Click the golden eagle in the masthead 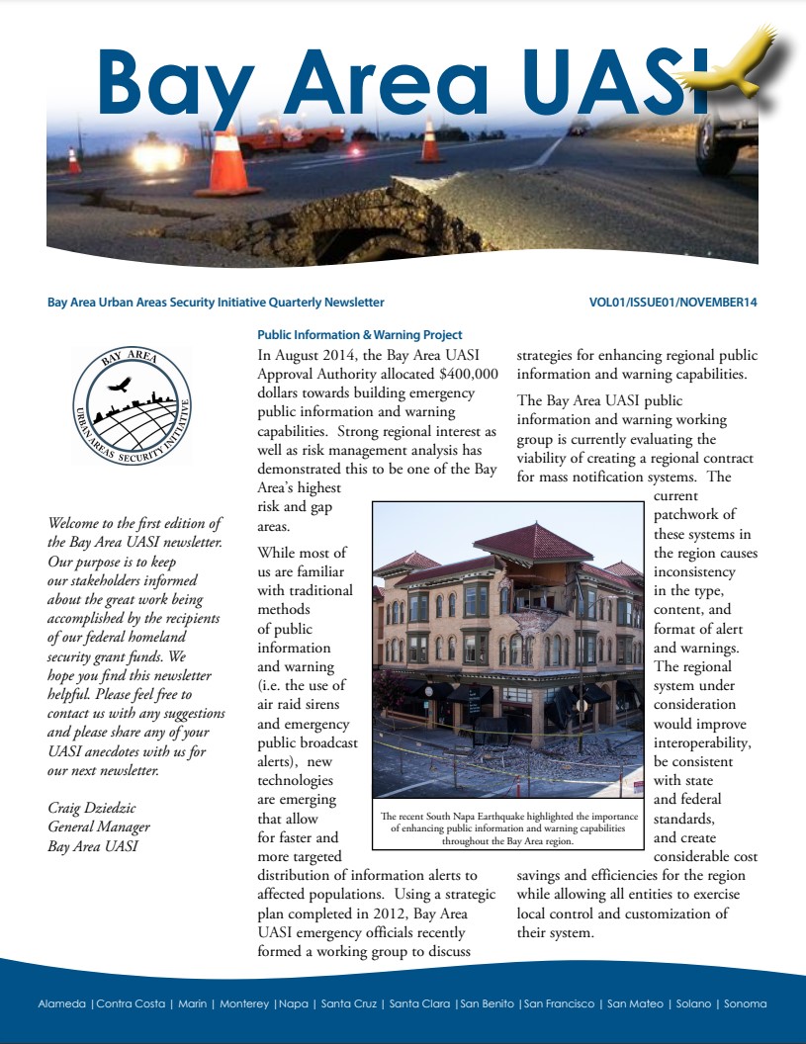tap(744, 61)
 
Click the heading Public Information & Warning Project tap(359, 335)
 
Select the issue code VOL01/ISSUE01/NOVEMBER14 tap(672, 303)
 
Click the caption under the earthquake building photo tap(508, 827)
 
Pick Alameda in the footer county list tap(61, 1003)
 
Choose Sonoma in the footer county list tap(745, 1003)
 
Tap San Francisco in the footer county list tap(560, 1003)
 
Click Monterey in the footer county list tap(243, 1003)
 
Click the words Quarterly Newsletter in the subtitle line tap(332, 303)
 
